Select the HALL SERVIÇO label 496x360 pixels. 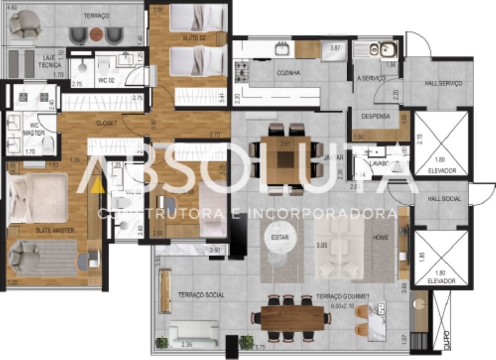pyautogui.click(x=443, y=84)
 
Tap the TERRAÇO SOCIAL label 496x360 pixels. pyautogui.click(x=201, y=295)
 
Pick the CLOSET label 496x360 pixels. pyautogui.click(x=107, y=123)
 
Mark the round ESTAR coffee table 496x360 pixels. pyautogui.click(x=280, y=238)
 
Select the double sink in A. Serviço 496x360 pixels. pyautogui.click(x=381, y=49)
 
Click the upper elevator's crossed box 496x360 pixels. pyautogui.click(x=441, y=143)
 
